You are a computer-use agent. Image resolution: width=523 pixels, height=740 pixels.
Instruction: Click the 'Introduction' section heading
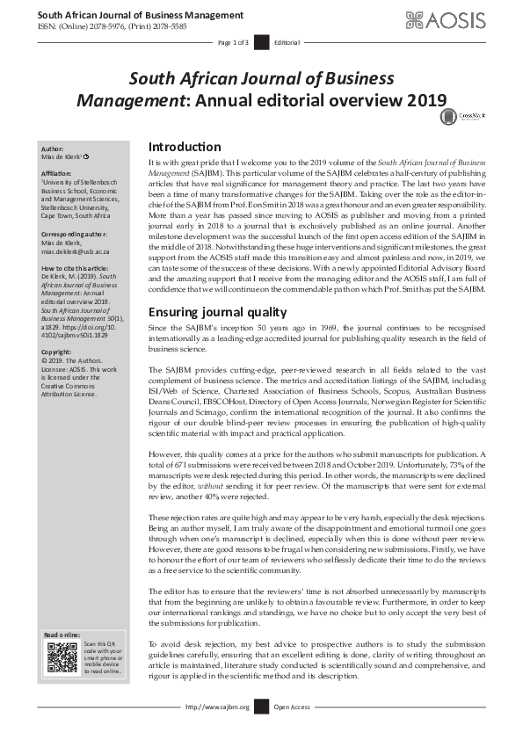point(185,147)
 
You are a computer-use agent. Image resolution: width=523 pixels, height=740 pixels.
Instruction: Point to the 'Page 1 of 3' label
point(234,42)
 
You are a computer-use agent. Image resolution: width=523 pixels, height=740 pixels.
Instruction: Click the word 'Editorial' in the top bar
point(287,42)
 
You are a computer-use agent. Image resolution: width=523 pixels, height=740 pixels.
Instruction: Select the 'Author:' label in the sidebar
point(54,149)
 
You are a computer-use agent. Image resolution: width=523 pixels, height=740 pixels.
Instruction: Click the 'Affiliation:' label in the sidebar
point(59,174)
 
